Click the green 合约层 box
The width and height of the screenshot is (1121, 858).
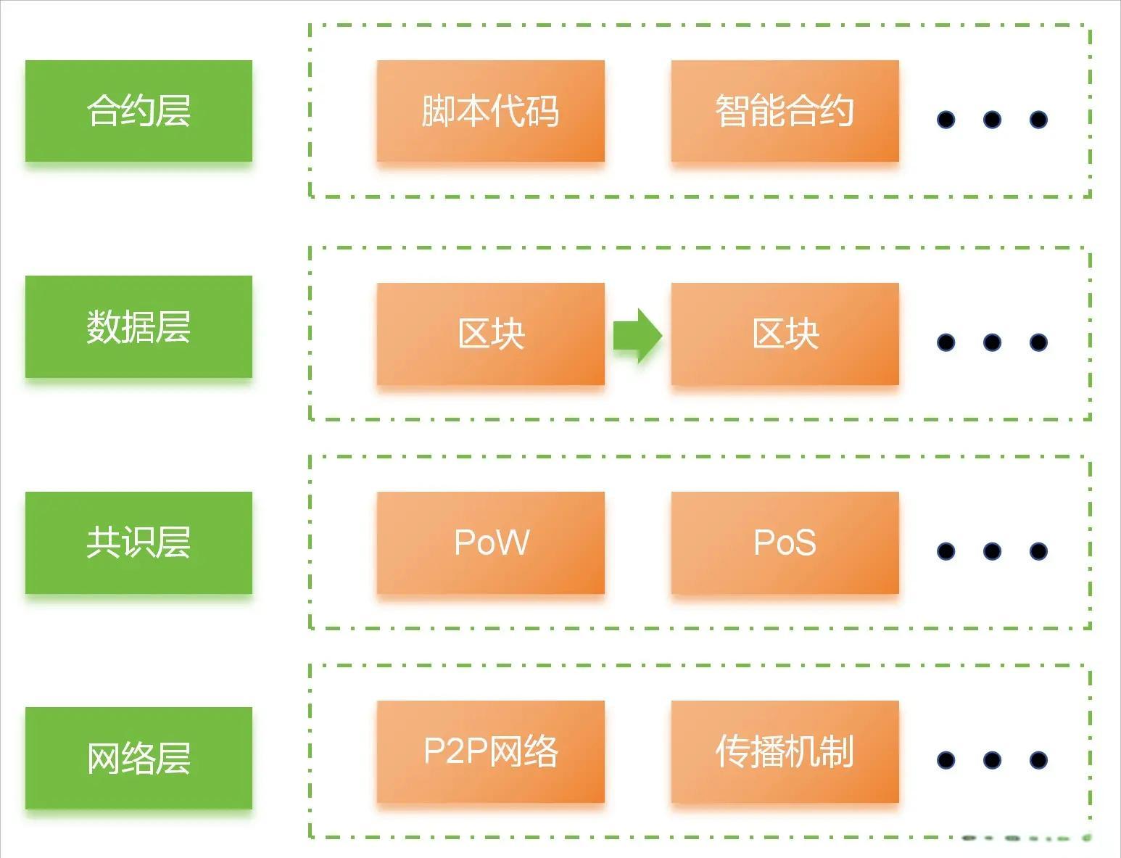pyautogui.click(x=138, y=111)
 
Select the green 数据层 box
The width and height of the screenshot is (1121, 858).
pyautogui.click(x=138, y=326)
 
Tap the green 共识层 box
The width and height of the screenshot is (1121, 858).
pyautogui.click(x=138, y=543)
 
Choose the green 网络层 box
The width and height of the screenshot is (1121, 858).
pyautogui.click(x=138, y=758)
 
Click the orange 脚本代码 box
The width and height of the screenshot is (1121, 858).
pyautogui.click(x=490, y=111)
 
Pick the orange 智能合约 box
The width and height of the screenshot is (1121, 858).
pyautogui.click(x=785, y=111)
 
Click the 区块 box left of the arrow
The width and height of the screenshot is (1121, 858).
pyautogui.click(x=490, y=334)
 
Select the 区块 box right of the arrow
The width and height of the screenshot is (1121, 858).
pyautogui.click(x=785, y=334)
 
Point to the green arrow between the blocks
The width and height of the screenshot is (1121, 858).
pyautogui.click(x=637, y=335)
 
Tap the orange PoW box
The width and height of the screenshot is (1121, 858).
pyautogui.click(x=490, y=543)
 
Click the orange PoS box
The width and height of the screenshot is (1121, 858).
pyautogui.click(x=785, y=543)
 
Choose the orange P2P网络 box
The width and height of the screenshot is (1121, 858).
pyautogui.click(x=490, y=751)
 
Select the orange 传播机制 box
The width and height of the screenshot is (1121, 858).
pyautogui.click(x=785, y=751)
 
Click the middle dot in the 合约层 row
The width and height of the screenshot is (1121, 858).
pyautogui.click(x=992, y=120)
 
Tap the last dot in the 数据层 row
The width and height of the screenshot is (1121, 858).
pyautogui.click(x=1038, y=342)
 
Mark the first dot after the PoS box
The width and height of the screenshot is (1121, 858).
pyautogui.click(x=946, y=551)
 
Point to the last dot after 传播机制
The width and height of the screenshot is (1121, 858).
pyautogui.click(x=1038, y=760)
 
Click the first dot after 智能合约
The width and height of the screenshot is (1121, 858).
pyautogui.click(x=946, y=120)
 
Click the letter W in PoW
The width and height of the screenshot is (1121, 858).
pyautogui.click(x=514, y=543)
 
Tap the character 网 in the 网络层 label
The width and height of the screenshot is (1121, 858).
pyautogui.click(x=104, y=759)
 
